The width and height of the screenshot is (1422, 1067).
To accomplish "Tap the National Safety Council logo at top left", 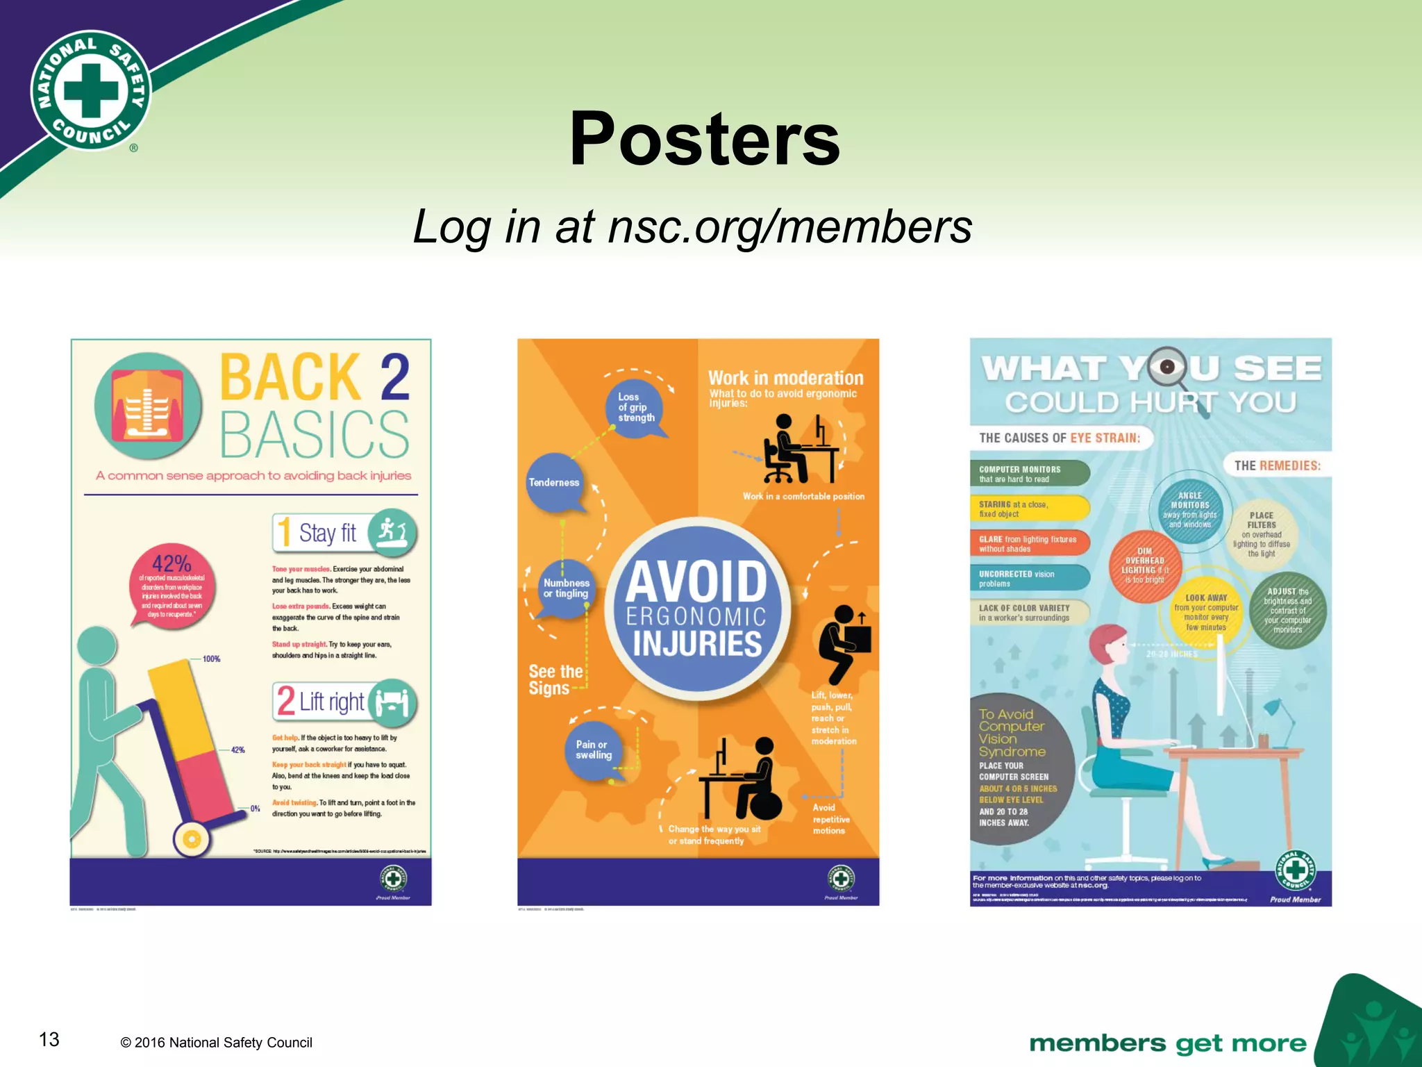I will (x=91, y=91).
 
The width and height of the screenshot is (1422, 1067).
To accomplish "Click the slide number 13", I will (x=49, y=1039).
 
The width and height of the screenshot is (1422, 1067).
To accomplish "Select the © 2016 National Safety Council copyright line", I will (x=216, y=1043).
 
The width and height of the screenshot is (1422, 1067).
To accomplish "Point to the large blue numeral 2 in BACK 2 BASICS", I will (x=394, y=377).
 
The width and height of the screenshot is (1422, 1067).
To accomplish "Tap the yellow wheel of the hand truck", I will (x=192, y=839).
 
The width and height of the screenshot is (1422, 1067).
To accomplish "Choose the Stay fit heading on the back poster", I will (x=328, y=533).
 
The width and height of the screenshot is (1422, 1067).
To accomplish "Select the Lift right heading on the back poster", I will (x=331, y=702).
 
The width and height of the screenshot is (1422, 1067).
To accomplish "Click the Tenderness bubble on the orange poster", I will (x=554, y=482).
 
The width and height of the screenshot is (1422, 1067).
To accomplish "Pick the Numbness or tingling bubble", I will (x=567, y=588).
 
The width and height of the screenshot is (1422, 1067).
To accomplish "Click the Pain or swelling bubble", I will (x=594, y=750).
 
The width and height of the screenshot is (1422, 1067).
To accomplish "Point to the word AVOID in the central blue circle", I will (x=696, y=582).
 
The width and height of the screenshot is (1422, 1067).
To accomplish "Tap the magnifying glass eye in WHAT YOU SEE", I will (x=1169, y=367).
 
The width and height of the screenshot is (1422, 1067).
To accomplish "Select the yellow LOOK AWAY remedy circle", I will (x=1206, y=611).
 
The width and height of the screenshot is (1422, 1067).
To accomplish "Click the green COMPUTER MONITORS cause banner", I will (x=1029, y=474).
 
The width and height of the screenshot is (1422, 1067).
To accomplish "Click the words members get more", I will (x=1167, y=1043).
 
